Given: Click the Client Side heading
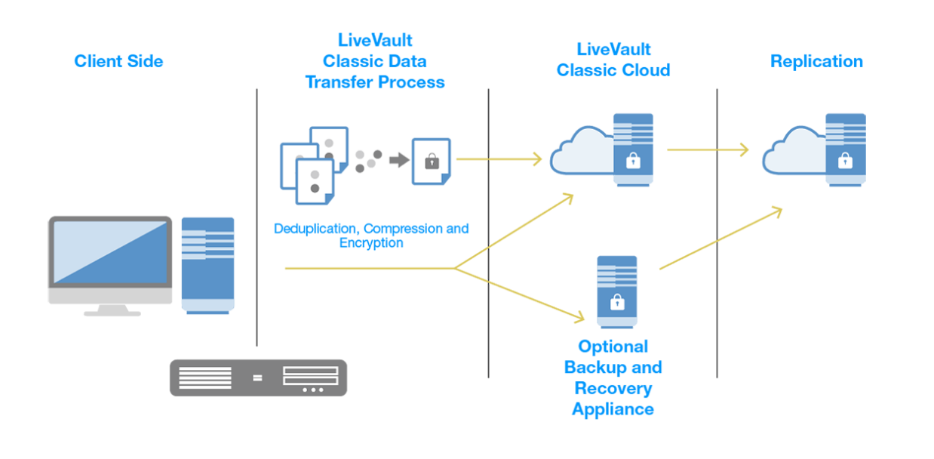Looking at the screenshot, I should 118,61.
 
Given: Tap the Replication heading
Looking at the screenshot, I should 816,61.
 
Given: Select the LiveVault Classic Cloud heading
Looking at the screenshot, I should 613,60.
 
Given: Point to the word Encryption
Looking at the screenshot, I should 371,243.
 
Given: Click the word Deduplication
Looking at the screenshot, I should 317,229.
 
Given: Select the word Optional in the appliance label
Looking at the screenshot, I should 613,347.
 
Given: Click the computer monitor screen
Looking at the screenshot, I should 110,252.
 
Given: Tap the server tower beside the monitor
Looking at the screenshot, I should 208,264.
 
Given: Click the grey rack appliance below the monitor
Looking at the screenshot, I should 258,377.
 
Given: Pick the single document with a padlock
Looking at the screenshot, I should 431,161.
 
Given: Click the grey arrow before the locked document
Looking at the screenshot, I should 399,160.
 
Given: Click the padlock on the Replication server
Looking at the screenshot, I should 845,160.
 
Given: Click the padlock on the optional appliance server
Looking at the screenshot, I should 617,303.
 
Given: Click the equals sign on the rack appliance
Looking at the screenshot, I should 258,377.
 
